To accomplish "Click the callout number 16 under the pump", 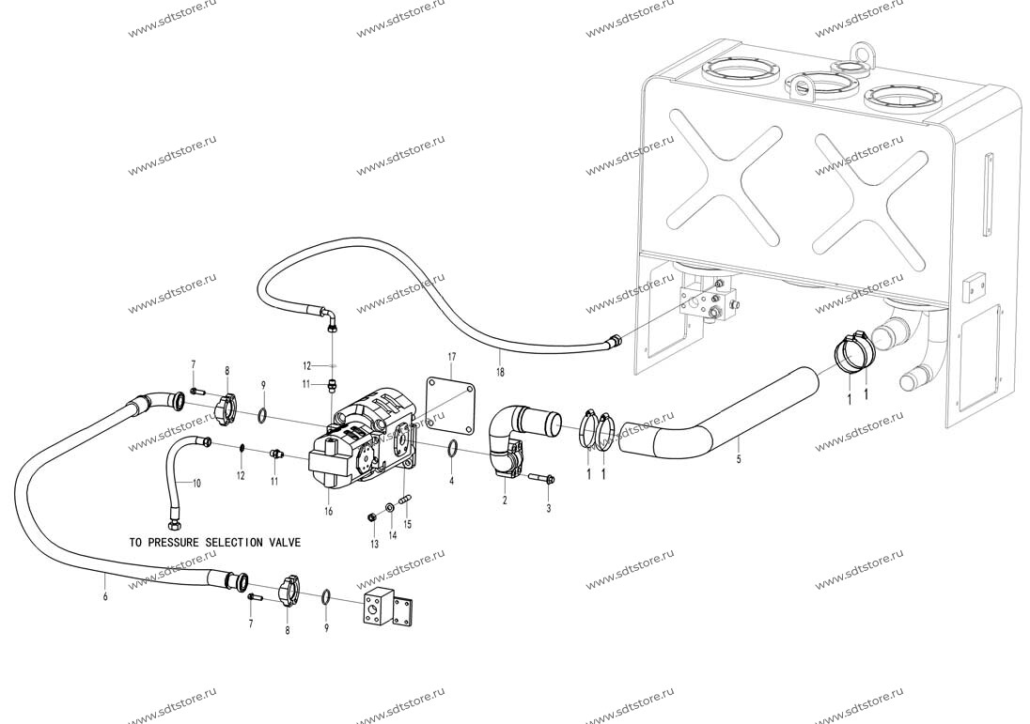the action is point(328,512).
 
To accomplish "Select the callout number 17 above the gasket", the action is point(451,357).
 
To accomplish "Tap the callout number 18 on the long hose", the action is point(501,372).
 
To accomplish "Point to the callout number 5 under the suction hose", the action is point(739,459).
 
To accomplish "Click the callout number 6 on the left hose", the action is point(105,596).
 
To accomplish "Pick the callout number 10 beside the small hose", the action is point(196,483).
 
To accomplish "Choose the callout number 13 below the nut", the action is point(374,544).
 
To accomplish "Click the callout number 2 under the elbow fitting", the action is point(505,501).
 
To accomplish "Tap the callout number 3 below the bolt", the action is point(549,508).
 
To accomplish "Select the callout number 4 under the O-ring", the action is point(451,481).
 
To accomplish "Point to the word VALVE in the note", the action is point(285,543).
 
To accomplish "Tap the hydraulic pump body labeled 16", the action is point(361,444).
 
